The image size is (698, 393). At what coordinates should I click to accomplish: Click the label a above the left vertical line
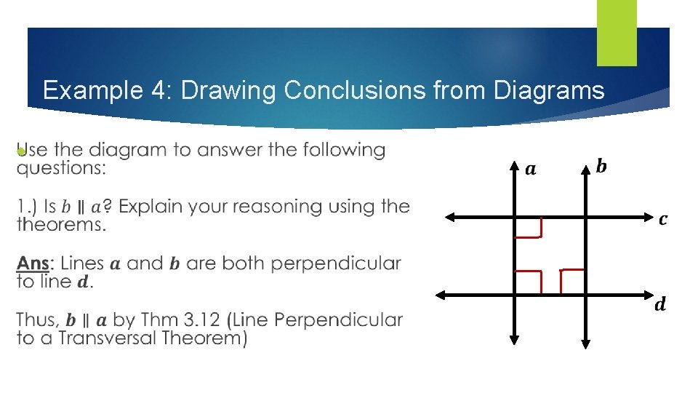pos(531,170)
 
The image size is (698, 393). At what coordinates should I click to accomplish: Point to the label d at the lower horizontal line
pos(659,304)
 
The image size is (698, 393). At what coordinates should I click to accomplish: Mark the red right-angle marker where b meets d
pos(572,280)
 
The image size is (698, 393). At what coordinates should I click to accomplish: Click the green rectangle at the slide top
pos(617,32)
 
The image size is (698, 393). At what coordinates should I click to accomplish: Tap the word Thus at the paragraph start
pos(36,320)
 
